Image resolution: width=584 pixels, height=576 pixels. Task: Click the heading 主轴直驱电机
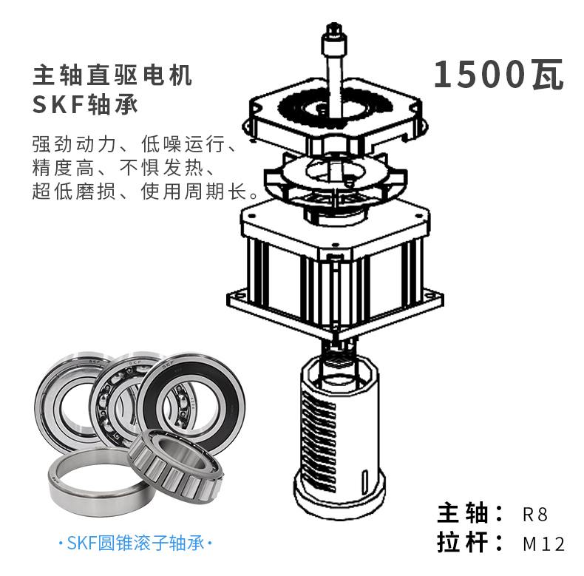[x=112, y=75]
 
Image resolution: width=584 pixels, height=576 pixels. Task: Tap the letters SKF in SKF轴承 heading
[x=58, y=105]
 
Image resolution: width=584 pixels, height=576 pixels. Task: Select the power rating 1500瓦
[x=499, y=75]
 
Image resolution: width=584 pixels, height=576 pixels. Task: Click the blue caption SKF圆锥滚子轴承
[x=135, y=543]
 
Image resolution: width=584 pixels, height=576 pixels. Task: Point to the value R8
[x=535, y=515]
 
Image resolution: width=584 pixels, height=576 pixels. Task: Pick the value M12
[x=544, y=544]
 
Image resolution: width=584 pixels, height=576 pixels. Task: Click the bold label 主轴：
[x=469, y=513]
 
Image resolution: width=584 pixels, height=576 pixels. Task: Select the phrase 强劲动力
[x=74, y=144]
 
